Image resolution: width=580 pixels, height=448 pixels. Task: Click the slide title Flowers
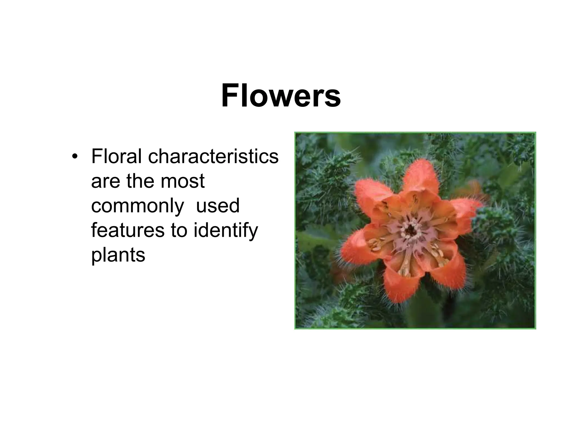281,96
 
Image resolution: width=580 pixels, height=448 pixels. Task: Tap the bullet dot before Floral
74,157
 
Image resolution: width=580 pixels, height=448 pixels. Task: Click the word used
218,206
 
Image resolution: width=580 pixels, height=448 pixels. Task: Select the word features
127,230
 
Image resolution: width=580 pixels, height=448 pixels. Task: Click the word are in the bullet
106,182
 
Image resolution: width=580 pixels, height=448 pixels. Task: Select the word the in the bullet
139,181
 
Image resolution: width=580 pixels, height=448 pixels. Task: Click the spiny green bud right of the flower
498,227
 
